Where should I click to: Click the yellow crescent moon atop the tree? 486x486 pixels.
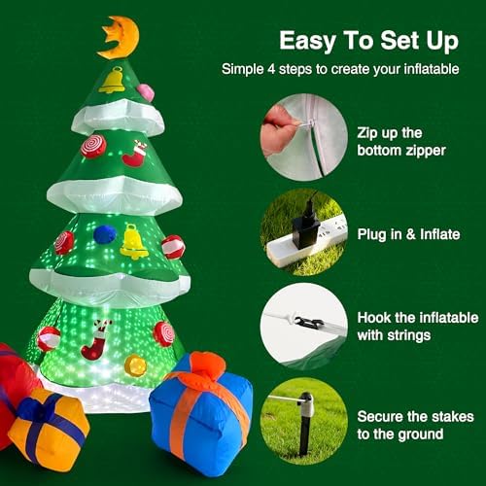tap(119, 37)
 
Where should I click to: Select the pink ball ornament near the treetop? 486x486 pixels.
tap(145, 92)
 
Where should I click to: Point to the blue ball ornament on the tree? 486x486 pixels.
tap(104, 234)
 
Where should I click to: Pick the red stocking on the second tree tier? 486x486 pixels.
tap(135, 154)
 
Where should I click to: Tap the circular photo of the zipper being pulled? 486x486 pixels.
tap(304, 135)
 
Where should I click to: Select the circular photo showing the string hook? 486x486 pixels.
tap(304, 326)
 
